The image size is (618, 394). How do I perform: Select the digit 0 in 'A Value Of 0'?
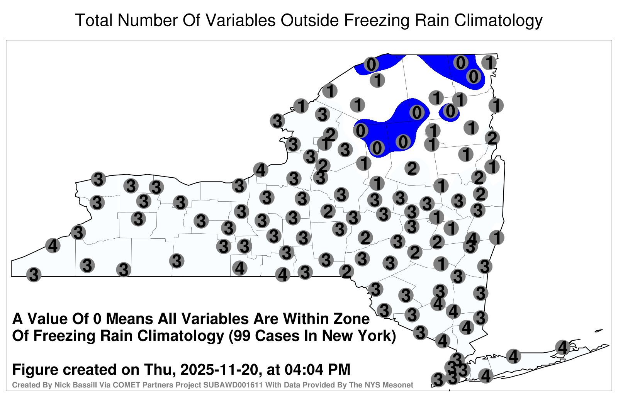click(97, 319)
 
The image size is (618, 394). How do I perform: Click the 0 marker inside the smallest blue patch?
click(450, 112)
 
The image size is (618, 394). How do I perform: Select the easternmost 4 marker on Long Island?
click(562, 347)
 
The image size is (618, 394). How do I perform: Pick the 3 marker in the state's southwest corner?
click(34, 275)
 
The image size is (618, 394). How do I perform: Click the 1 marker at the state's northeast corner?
click(489, 63)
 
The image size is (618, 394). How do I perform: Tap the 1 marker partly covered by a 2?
click(325, 143)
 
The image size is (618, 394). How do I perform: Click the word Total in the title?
click(93, 20)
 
